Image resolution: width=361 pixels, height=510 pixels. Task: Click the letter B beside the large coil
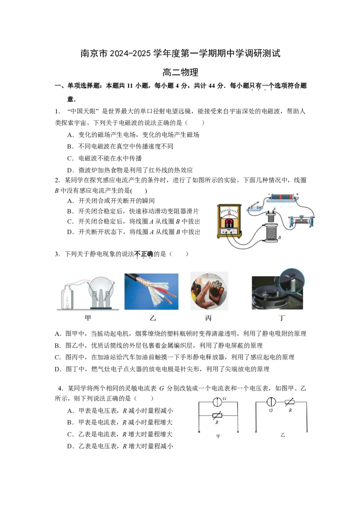pyautogui.click(x=280, y=238)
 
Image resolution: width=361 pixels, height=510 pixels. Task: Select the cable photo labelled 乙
pyautogui.click(x=151, y=291)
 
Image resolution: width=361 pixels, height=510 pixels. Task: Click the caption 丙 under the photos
pyautogui.click(x=208, y=318)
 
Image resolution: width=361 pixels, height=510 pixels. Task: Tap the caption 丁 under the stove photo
pyautogui.click(x=282, y=318)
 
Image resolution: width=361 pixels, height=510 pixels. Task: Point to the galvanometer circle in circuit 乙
pyautogui.click(x=272, y=402)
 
